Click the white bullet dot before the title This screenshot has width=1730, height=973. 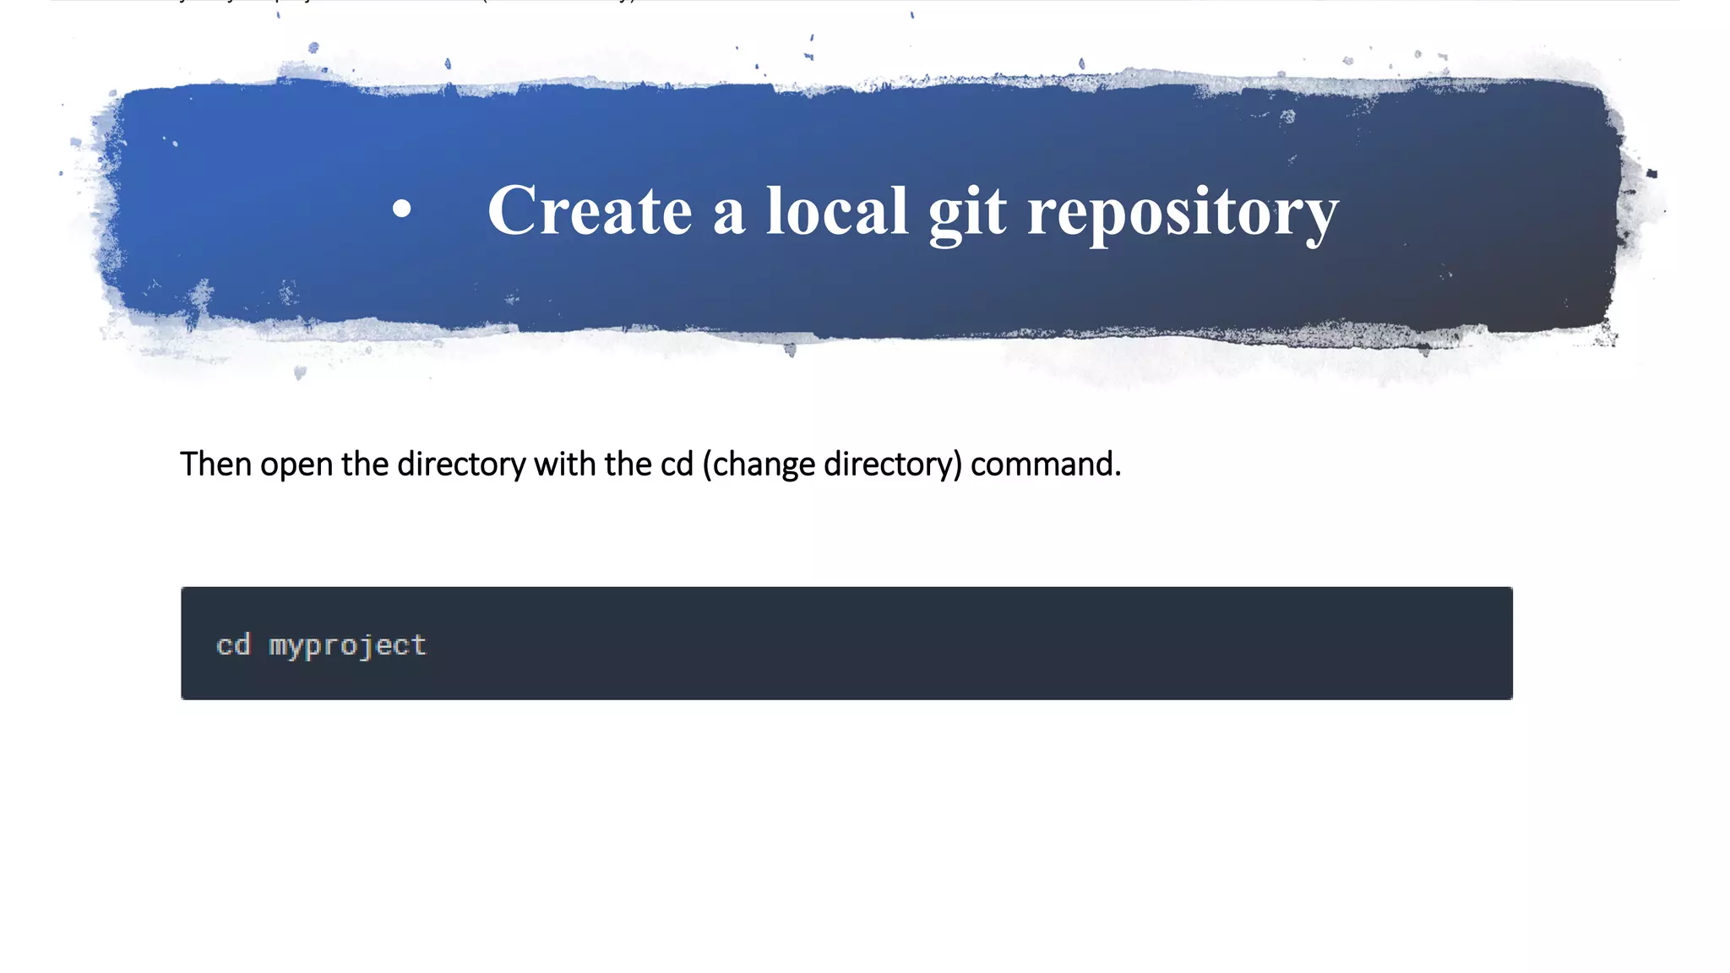pyautogui.click(x=402, y=209)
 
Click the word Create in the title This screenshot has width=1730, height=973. pyautogui.click(x=590, y=210)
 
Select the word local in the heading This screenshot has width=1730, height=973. pyautogui.click(x=836, y=210)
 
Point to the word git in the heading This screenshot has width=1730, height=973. pyautogui.click(x=967, y=212)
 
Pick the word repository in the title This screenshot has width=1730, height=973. pyautogui.click(x=1183, y=212)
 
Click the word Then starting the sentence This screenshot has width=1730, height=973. pyautogui.click(x=215, y=464)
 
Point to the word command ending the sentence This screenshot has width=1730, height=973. pyautogui.click(x=1045, y=464)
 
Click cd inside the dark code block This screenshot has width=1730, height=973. pyautogui.click(x=233, y=645)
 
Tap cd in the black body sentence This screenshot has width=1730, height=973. pyautogui.click(x=677, y=464)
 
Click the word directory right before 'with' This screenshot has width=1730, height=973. pyautogui.click(x=461, y=465)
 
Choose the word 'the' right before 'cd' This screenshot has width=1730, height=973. pyautogui.click(x=628, y=464)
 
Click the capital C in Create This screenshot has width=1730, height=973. pyautogui.click(x=513, y=210)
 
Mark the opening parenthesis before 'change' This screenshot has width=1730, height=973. pyautogui.click(x=707, y=465)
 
